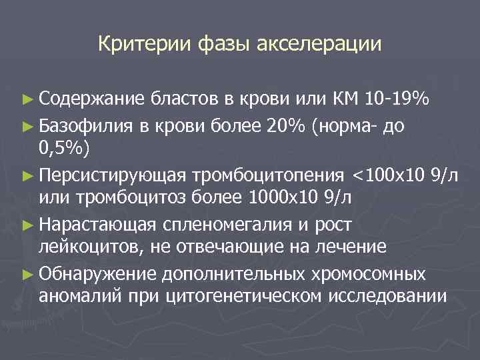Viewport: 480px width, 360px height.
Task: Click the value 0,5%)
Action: tap(64, 148)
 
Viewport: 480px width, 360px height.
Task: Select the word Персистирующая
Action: tap(113, 175)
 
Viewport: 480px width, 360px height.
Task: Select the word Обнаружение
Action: tap(97, 272)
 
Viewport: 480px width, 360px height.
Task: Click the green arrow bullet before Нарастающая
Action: tap(27, 223)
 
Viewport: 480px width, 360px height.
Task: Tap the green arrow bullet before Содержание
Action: tap(27, 101)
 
